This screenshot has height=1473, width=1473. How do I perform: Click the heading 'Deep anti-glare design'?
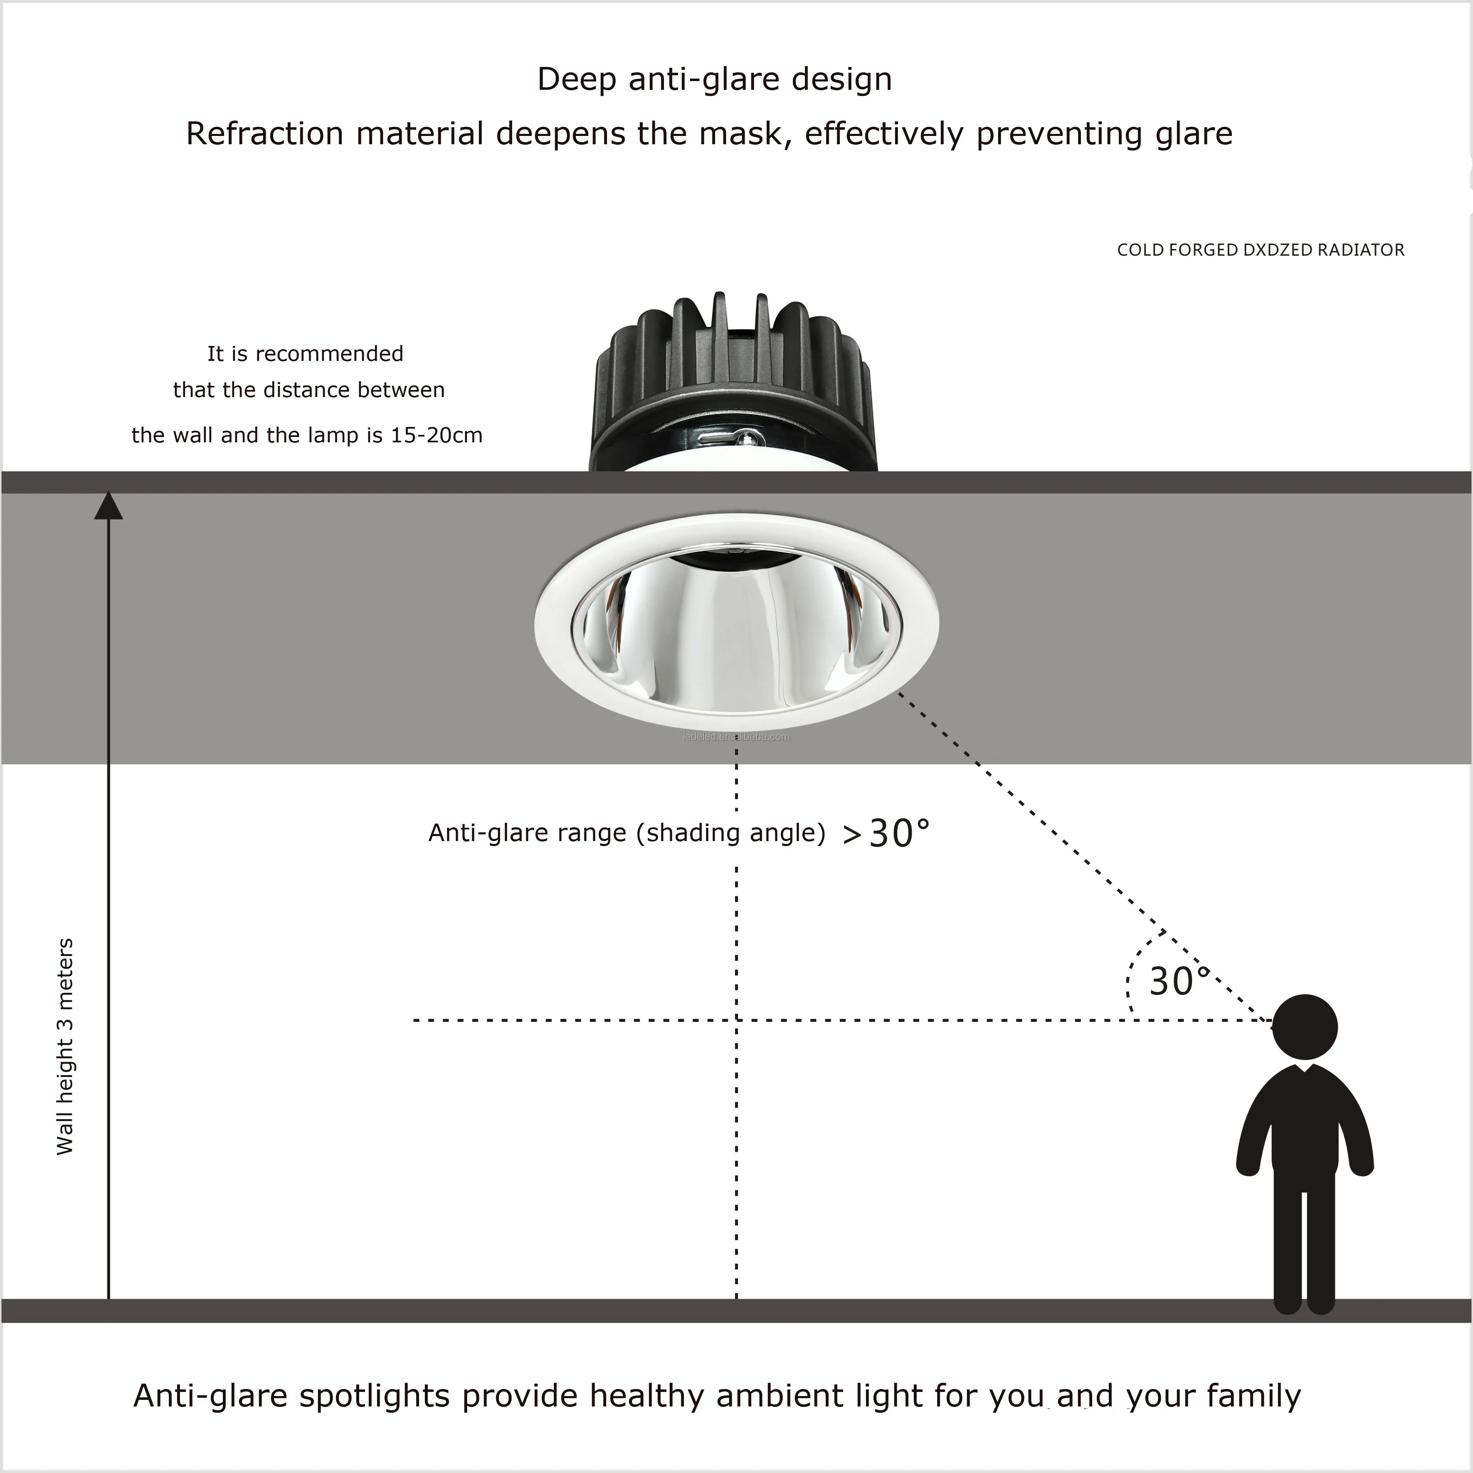coord(714,79)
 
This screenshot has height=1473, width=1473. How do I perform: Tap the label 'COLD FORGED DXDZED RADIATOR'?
coord(1260,250)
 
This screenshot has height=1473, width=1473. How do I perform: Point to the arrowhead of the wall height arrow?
coord(108,506)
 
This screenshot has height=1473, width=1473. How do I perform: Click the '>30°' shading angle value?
coord(887,833)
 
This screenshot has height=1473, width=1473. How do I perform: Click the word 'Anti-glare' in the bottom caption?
coord(210,1395)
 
